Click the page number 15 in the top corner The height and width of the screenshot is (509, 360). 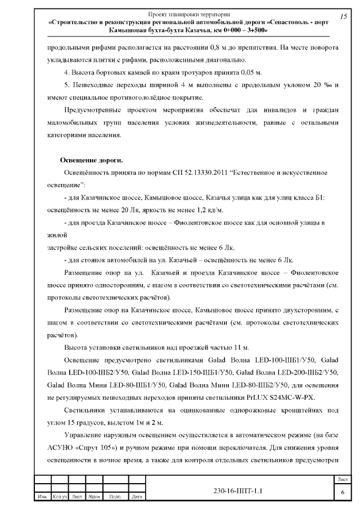tap(343, 16)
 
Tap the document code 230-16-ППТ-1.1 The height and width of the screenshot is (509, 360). tap(238, 490)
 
